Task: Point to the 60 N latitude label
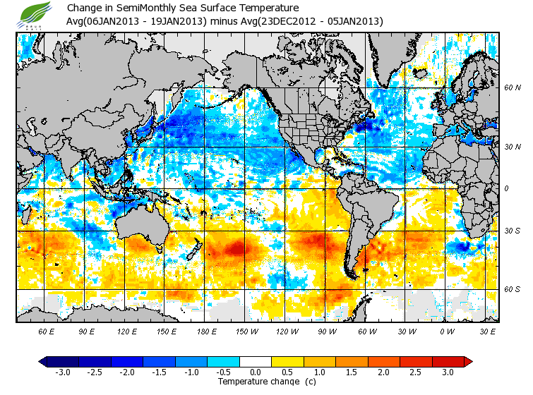[x=513, y=88]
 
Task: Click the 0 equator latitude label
[x=506, y=188]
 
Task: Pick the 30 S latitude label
[x=513, y=231]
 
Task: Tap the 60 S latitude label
[x=513, y=289]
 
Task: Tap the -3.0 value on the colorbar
[x=62, y=372]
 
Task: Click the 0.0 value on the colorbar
[x=256, y=372]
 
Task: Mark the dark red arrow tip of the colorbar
[x=468, y=361]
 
